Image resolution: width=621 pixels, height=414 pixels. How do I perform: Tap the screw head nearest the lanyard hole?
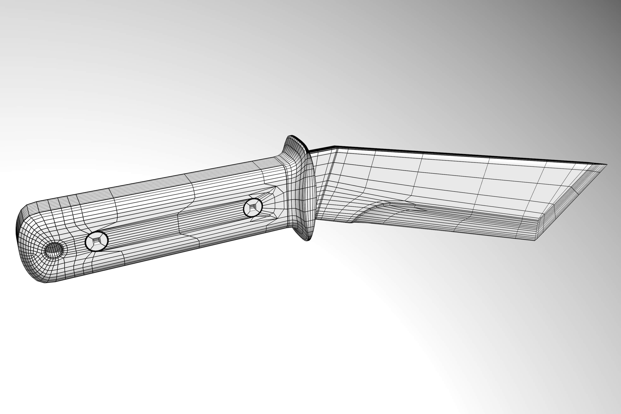pyautogui.click(x=97, y=241)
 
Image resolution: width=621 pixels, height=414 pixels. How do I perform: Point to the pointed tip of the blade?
pyautogui.click(x=607, y=165)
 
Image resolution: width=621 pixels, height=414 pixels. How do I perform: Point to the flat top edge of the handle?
pyautogui.click(x=158, y=182)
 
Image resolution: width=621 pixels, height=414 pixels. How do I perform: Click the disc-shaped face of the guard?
pyautogui.click(x=309, y=195)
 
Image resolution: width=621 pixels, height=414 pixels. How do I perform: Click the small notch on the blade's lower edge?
pyautogui.click(x=352, y=223)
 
